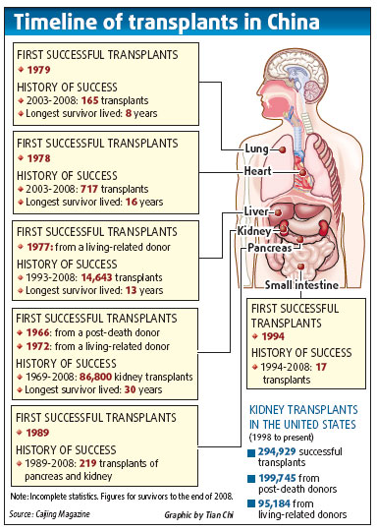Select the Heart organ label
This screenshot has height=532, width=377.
[258, 171]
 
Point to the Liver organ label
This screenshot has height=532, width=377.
[257, 211]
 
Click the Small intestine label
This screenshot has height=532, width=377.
[303, 285]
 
